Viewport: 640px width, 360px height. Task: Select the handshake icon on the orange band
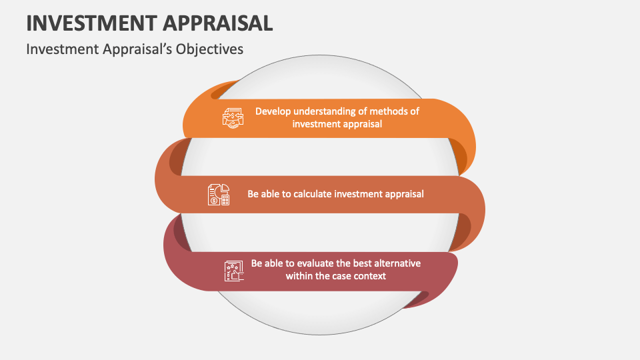232,118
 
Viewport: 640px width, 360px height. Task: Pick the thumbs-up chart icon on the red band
234,270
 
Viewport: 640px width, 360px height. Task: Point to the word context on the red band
370,276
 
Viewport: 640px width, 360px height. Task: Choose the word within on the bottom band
299,276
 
